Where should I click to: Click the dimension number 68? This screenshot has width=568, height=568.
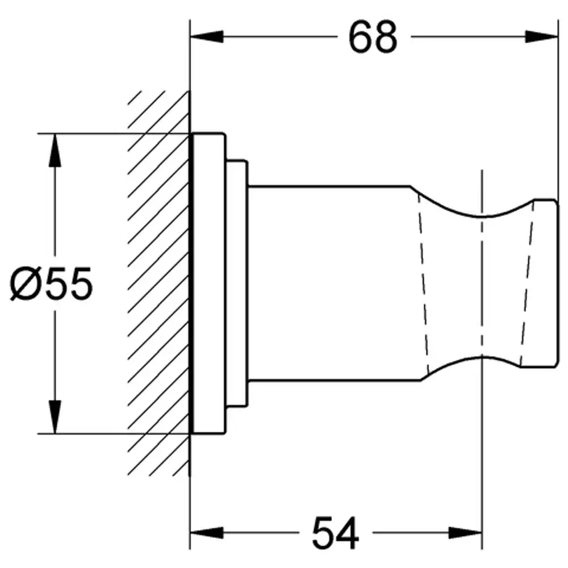pyautogui.click(x=373, y=37)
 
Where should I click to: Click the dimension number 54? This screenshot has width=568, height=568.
pyautogui.click(x=336, y=533)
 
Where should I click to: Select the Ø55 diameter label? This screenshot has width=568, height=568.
pyautogui.click(x=51, y=283)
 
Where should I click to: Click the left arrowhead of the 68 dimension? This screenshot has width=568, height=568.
pyautogui.click(x=207, y=36)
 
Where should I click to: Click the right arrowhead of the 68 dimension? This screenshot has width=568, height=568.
pyautogui.click(x=541, y=36)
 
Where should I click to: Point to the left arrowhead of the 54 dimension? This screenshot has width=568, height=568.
pyautogui.click(x=207, y=533)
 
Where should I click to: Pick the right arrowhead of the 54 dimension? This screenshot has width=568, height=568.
pyautogui.click(x=465, y=533)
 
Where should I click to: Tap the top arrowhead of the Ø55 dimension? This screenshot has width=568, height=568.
pyautogui.click(x=55, y=151)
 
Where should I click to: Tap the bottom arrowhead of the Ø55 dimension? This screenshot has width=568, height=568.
pyautogui.click(x=55, y=416)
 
